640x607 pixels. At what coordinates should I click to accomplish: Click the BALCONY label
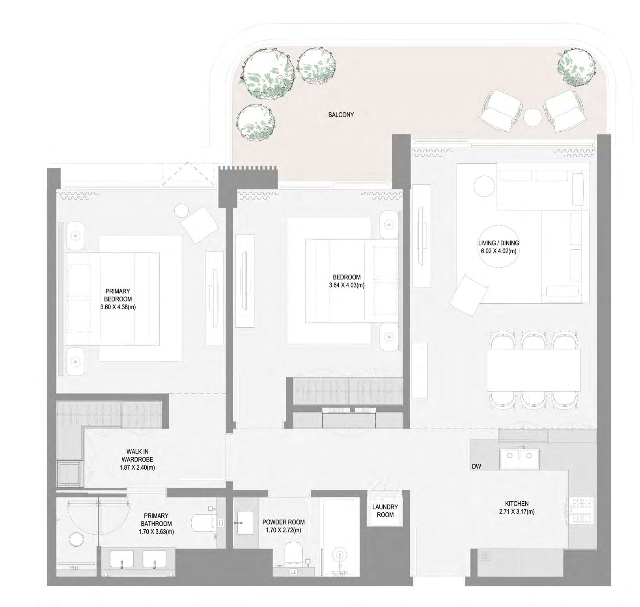point(341,115)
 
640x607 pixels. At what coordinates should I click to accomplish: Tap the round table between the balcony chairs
point(533,117)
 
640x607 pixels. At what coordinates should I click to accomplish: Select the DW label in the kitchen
point(476,467)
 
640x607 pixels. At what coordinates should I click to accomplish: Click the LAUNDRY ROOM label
point(385,511)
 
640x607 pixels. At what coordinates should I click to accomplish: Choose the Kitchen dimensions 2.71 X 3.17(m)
point(517,512)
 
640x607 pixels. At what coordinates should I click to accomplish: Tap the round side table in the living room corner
point(484,185)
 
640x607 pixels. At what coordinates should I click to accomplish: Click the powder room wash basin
point(246,522)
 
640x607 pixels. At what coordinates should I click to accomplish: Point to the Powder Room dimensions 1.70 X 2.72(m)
point(284,530)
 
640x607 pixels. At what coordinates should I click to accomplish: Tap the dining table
point(534,370)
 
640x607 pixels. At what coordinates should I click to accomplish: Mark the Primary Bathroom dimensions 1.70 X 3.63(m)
point(157,532)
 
